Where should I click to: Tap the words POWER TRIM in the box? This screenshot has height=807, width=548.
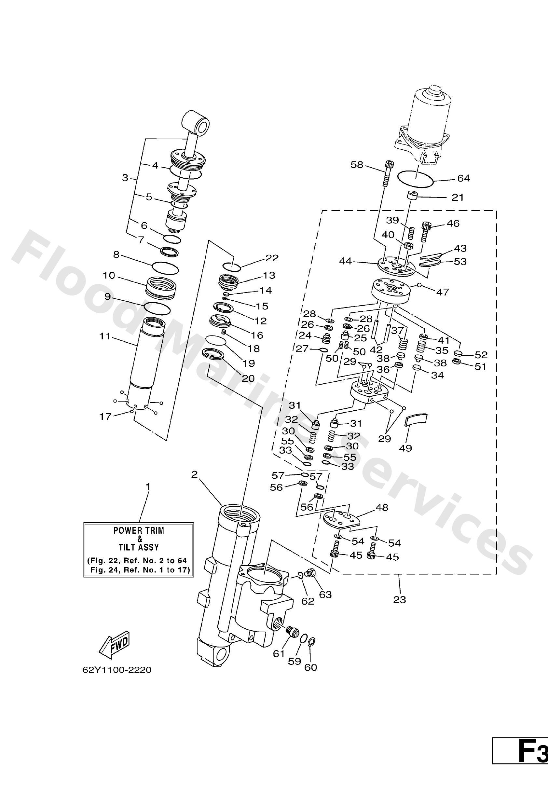pyautogui.click(x=139, y=531)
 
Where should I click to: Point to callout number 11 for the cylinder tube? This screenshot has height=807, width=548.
pyautogui.click(x=104, y=336)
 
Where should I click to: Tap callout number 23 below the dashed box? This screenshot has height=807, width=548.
pyautogui.click(x=399, y=599)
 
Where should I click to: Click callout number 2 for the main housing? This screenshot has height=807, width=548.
pyautogui.click(x=194, y=474)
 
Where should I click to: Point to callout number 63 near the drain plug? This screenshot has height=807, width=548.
pyautogui.click(x=325, y=595)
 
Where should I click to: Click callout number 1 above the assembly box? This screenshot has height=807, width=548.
pyautogui.click(x=148, y=487)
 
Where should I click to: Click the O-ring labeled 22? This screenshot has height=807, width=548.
pyautogui.click(x=232, y=266)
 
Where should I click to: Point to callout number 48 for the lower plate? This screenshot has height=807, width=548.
pyautogui.click(x=382, y=508)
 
